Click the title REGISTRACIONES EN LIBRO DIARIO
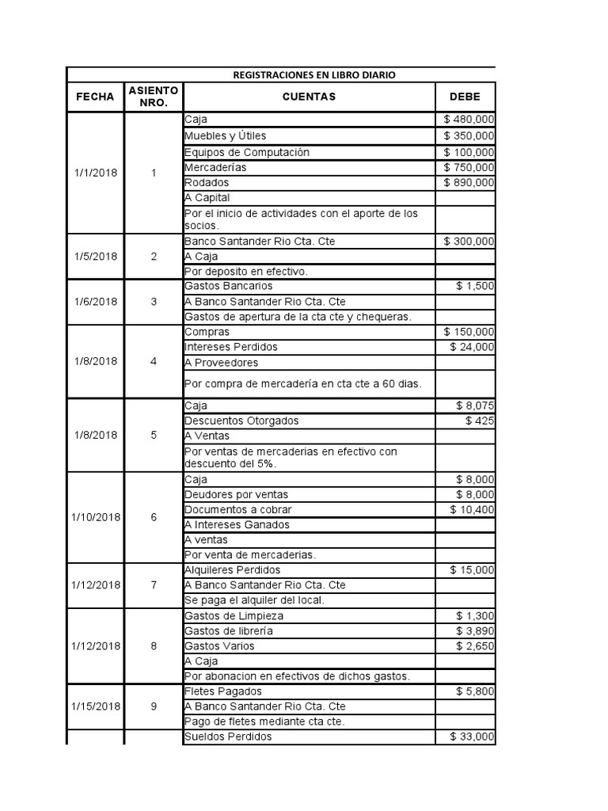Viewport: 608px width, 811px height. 314,75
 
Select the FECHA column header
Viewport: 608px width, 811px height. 95,97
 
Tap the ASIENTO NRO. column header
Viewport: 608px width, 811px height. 153,97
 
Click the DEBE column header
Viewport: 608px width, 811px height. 465,97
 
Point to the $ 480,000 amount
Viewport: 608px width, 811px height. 469,120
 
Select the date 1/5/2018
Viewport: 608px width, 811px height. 96,256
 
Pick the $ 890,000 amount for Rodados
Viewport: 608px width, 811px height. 469,182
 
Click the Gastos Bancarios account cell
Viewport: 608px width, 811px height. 228,286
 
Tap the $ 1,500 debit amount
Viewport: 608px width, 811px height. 476,286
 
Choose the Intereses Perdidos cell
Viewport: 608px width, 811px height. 230,347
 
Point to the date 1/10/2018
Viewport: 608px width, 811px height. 96,517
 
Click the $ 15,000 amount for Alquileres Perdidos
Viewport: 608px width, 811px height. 473,570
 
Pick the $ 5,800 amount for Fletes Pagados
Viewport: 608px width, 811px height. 476,691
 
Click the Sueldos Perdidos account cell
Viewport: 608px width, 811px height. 227,737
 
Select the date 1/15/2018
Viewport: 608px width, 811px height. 96,706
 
